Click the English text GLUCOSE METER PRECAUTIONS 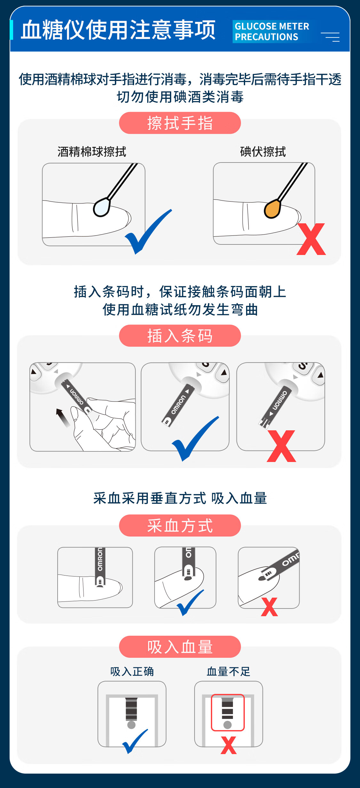coord(272,31)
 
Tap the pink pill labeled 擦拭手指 coord(180,123)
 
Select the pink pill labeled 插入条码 coord(180,336)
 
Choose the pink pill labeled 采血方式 coord(180,525)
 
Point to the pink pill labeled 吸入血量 coord(180,647)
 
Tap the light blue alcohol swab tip coord(102,207)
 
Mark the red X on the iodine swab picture coord(311,239)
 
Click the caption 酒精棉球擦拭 coord(92,152)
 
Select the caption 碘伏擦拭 coord(263,152)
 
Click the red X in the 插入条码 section coord(281,446)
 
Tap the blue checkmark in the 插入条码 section coord(196,439)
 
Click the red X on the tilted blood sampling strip coord(269,607)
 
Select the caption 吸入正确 coord(132,671)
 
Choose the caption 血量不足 coord(228,671)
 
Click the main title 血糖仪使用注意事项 coord(118,30)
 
